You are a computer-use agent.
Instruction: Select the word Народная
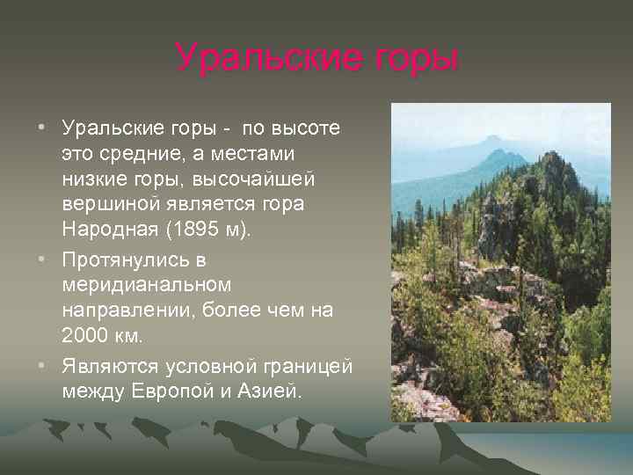click(x=105, y=230)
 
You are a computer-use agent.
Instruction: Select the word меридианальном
click(x=147, y=286)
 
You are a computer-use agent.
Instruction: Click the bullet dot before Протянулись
click(x=42, y=261)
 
